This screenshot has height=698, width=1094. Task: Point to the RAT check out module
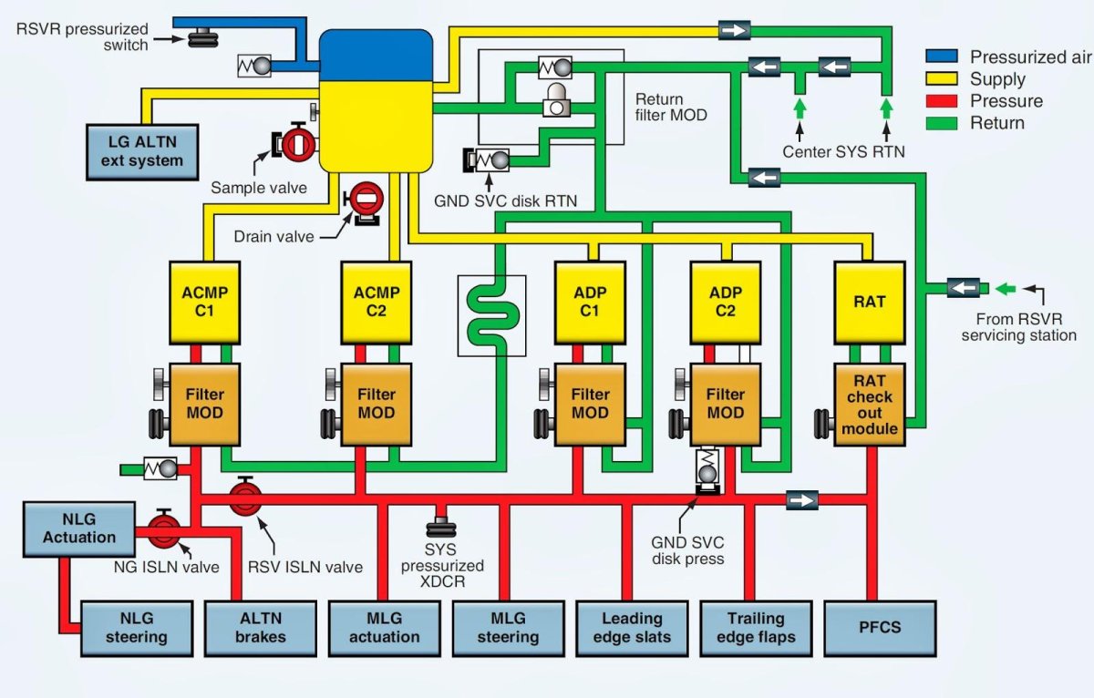tap(869, 405)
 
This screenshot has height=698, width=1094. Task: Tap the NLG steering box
tap(136, 628)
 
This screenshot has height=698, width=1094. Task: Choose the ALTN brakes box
tap(260, 628)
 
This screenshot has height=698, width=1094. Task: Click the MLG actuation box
tap(384, 628)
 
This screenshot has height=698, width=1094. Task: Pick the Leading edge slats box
tap(632, 628)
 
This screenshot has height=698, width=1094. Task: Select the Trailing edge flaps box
tap(756, 628)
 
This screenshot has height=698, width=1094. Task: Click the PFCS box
tap(880, 628)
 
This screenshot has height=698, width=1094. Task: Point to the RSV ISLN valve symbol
tap(244, 498)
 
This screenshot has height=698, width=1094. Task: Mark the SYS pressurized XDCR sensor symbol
tap(442, 524)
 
